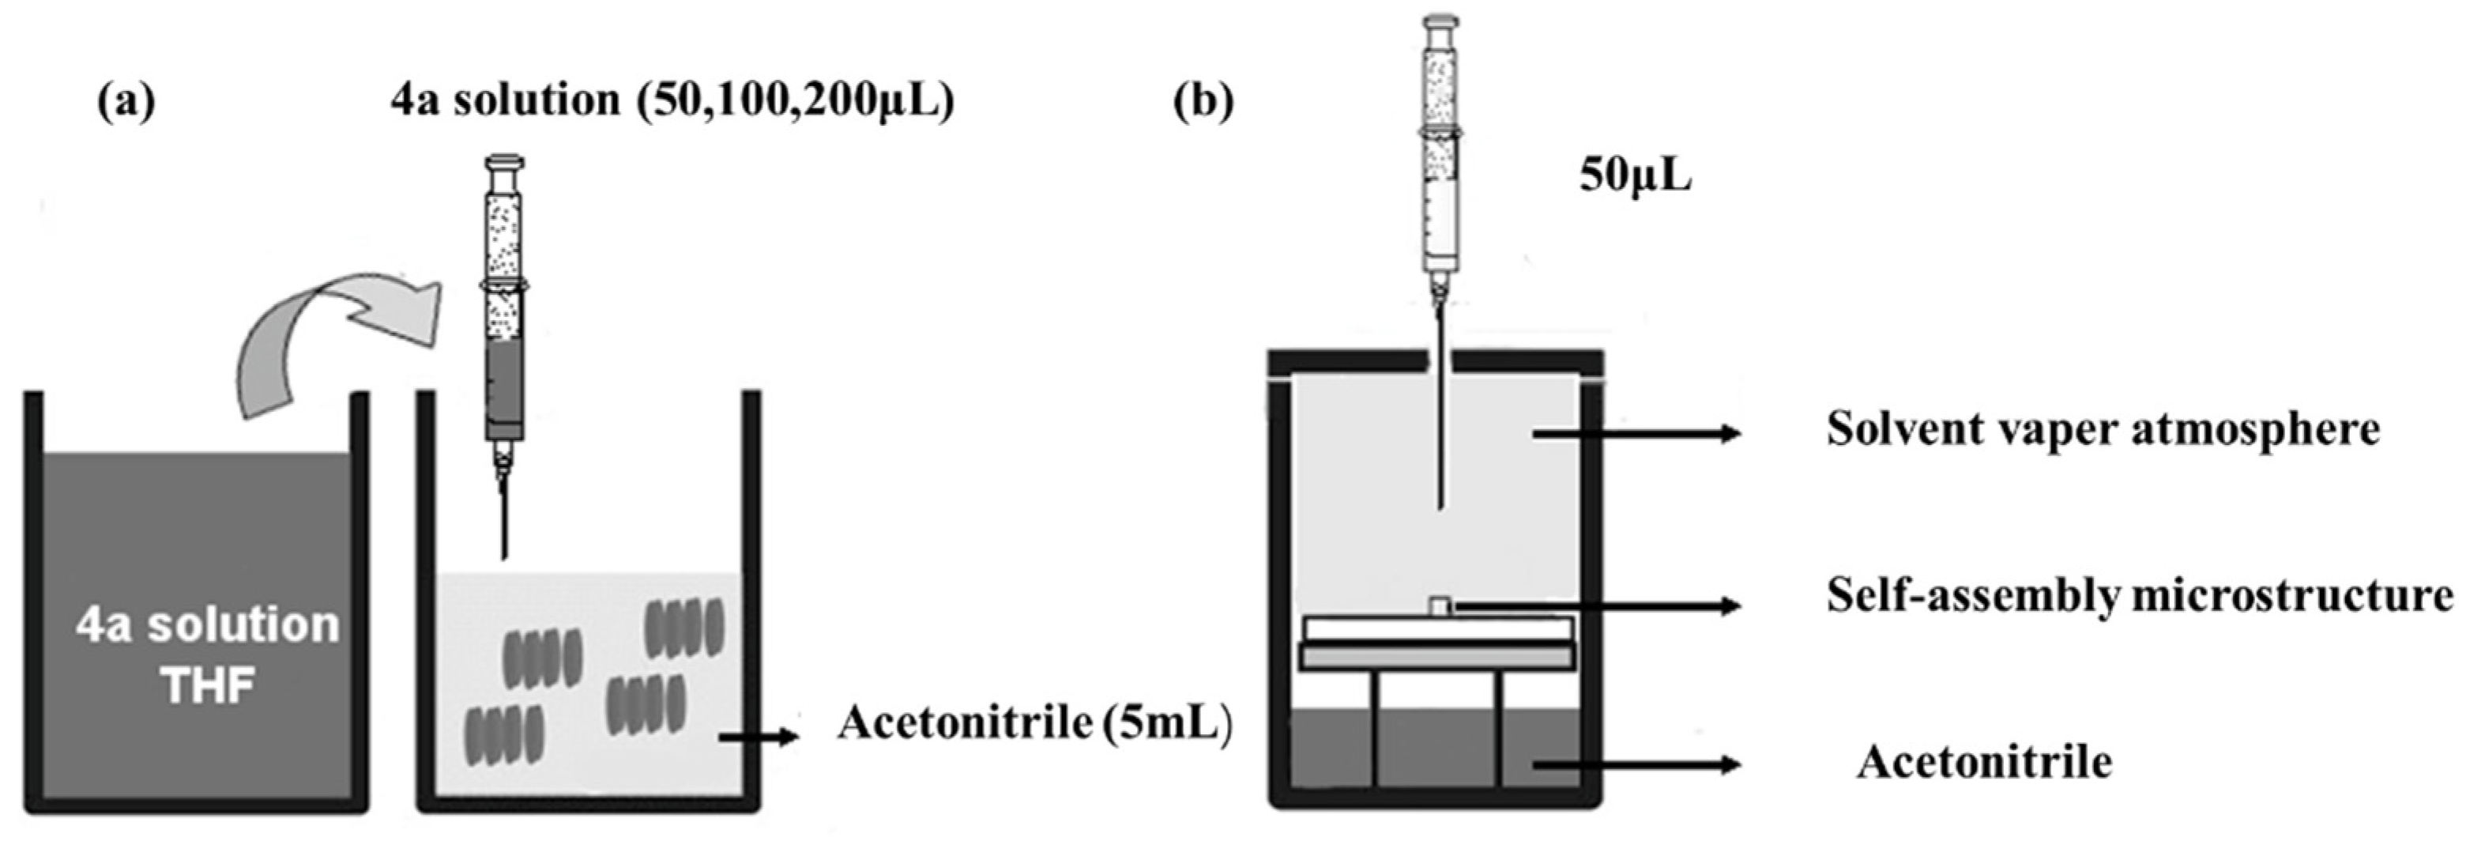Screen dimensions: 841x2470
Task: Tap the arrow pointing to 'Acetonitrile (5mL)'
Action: [758, 737]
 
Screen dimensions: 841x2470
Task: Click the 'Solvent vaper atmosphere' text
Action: [2102, 428]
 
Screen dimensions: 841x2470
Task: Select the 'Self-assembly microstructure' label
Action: [2138, 595]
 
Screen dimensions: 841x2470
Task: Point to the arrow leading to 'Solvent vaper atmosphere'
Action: [1635, 433]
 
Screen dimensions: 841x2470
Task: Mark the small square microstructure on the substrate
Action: [1439, 606]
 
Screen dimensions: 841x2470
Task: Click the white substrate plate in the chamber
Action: [1437, 629]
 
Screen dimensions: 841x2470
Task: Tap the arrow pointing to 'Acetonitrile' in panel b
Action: [1635, 764]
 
